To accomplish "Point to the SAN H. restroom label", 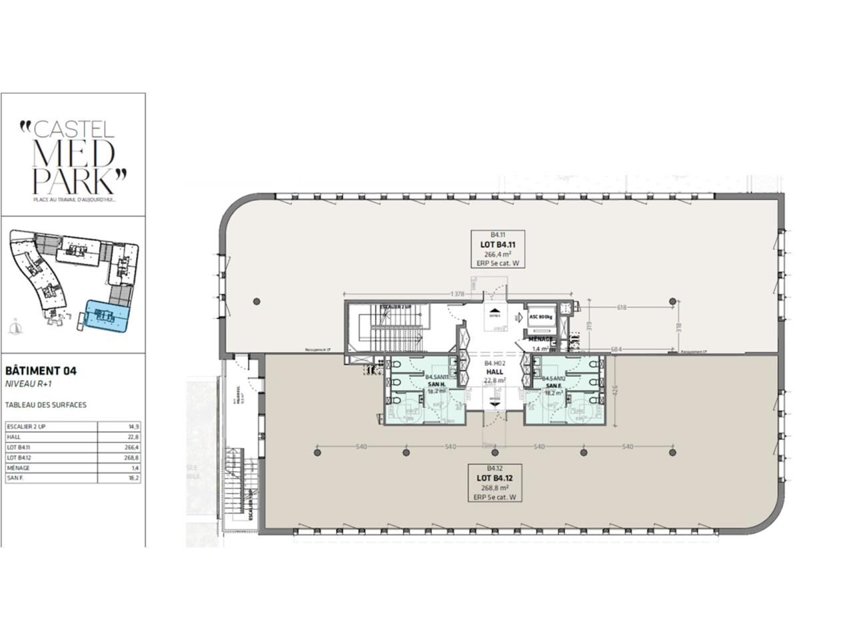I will point(435,385).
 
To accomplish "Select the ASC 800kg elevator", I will point(541,317).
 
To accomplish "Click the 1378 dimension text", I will point(457,294).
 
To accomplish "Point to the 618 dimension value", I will point(622,307).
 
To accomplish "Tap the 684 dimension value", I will point(616,349).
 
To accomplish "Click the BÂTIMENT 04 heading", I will point(41,371).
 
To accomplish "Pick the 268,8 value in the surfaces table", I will point(133,457).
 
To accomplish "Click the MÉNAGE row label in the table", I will point(18,468).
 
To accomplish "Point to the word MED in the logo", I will point(73,155).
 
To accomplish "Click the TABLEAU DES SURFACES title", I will point(45,405).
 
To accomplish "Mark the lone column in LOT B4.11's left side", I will point(257,301).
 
